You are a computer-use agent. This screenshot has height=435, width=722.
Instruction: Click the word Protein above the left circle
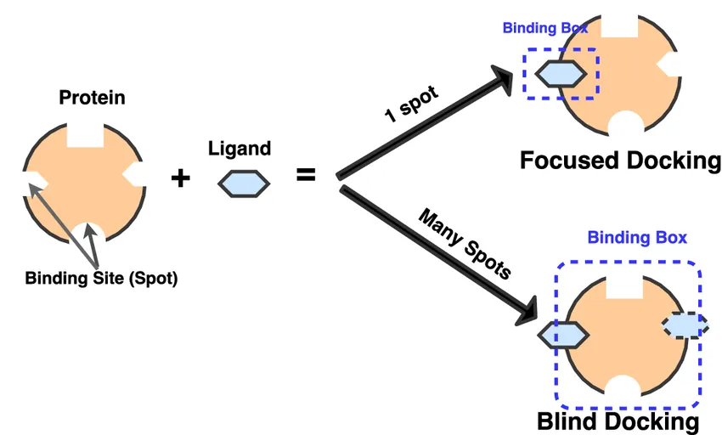point(92,98)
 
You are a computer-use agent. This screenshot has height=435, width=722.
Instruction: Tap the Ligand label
point(240,149)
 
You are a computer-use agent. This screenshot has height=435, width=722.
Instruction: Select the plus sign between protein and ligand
point(180,178)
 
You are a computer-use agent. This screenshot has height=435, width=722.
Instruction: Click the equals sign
point(305,176)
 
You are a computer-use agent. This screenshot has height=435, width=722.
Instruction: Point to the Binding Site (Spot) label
point(101,278)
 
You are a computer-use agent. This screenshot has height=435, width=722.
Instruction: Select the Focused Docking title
point(620,160)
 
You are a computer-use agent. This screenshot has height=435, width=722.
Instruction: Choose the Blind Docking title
point(618,422)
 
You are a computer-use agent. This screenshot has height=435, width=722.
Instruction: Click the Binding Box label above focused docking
point(544,28)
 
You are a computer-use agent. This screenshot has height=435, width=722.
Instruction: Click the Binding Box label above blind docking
point(637,238)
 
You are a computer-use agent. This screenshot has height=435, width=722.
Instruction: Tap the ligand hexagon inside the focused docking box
point(560,73)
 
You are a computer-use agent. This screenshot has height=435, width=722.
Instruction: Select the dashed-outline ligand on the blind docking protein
point(685,325)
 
